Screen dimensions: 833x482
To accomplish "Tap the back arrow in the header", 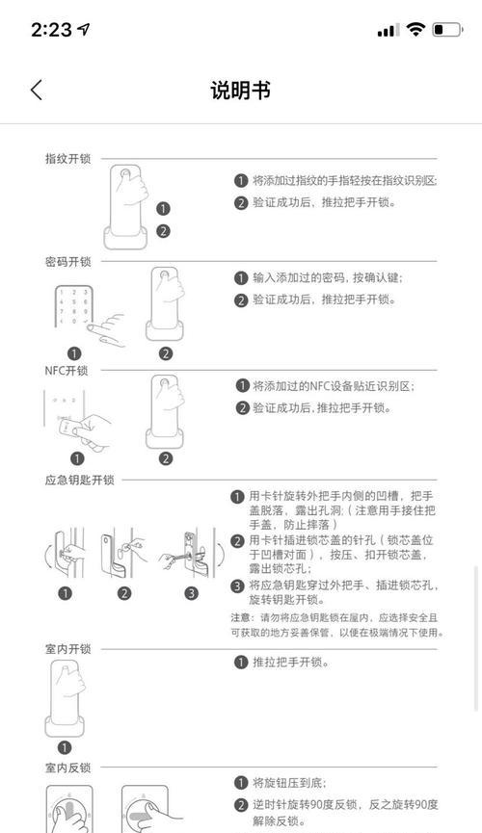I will coord(37,90).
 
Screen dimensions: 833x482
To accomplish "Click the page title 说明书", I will coord(240,91).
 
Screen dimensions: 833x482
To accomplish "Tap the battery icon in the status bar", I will coord(447,30).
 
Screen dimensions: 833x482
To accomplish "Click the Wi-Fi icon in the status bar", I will coord(415,30).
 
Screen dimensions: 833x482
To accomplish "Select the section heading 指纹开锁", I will coord(67,159).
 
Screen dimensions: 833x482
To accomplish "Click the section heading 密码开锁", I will coord(67,262).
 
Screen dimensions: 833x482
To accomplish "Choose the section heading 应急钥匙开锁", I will coord(79,480).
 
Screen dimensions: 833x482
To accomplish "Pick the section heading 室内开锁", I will coord(67,650).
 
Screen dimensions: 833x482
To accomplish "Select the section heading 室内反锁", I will coord(67,768).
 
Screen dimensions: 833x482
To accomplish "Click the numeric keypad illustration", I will coord(73,307).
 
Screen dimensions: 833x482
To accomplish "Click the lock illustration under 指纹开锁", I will coord(126,205).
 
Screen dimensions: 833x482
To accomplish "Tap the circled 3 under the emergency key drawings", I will coord(191,592).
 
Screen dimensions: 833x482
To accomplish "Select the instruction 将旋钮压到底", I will coord(291,782).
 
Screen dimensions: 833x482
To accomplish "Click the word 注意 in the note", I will coord(240,616).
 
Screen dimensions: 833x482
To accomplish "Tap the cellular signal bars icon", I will coord(387,31).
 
